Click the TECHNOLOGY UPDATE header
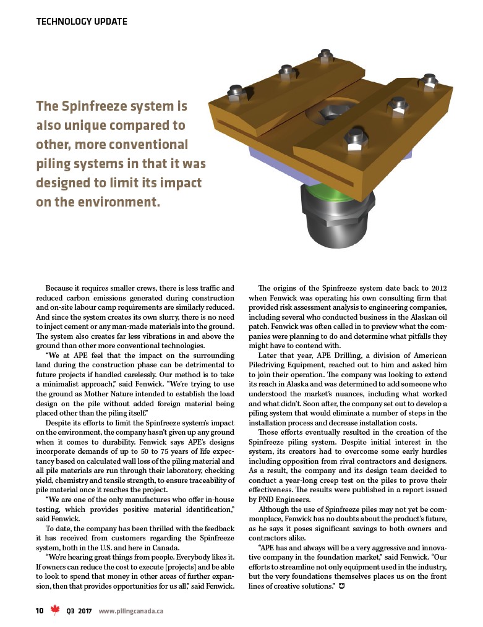pos(82,22)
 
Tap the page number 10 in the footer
pos(39,611)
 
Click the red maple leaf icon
pos(55,610)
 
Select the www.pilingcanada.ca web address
pos(131,611)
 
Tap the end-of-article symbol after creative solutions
pos(341,585)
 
